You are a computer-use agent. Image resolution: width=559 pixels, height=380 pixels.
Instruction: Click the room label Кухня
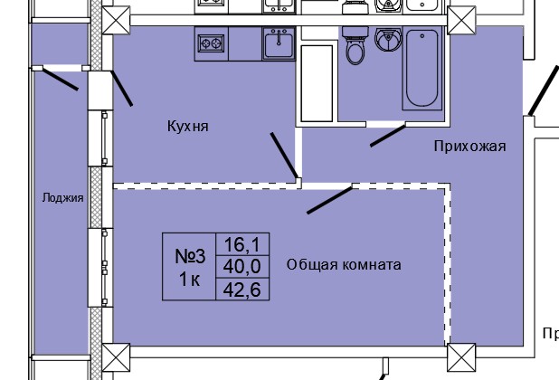point(188,127)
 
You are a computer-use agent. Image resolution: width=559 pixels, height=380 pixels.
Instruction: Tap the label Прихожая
point(469,146)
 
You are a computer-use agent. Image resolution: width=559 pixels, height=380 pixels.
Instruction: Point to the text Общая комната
point(344,264)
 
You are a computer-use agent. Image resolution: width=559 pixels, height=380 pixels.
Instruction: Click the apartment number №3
point(190,255)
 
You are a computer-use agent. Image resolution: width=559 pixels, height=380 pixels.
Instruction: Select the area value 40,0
point(242,266)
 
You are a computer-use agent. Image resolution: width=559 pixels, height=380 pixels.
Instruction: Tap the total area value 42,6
point(242,289)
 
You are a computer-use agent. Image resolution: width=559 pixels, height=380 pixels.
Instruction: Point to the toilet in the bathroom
point(356,45)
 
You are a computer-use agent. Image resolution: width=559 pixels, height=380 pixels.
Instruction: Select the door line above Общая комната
point(329,200)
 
